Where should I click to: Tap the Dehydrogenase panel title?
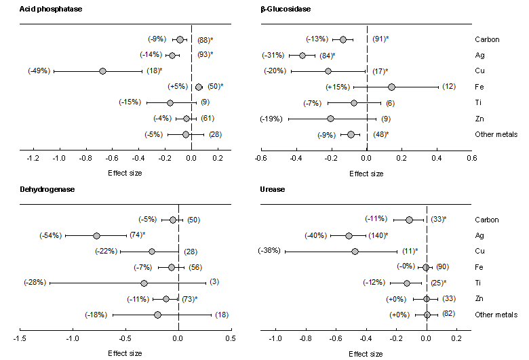tap(47, 188)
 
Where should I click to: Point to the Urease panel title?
tap(272, 188)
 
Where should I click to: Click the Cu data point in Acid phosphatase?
tap(102, 71)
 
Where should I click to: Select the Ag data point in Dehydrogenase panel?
tap(96, 235)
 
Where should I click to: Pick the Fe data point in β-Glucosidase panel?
tap(391, 87)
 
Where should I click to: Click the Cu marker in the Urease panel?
tap(355, 251)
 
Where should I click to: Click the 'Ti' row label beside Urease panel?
tap(479, 283)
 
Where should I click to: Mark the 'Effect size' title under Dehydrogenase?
tap(125, 353)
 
